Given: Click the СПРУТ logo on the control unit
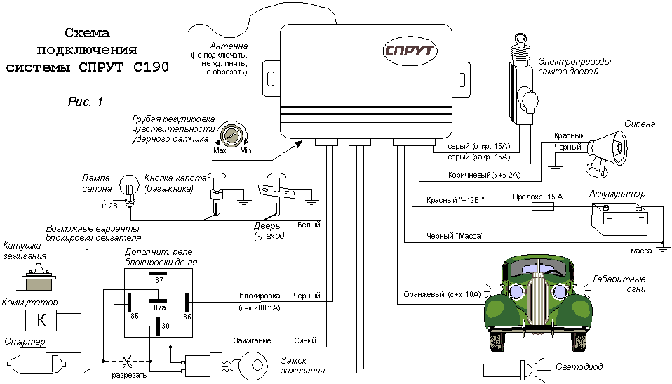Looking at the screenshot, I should [x=410, y=51].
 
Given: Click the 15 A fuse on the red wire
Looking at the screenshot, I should [x=542, y=208].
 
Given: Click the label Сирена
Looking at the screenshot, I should [x=642, y=124].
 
